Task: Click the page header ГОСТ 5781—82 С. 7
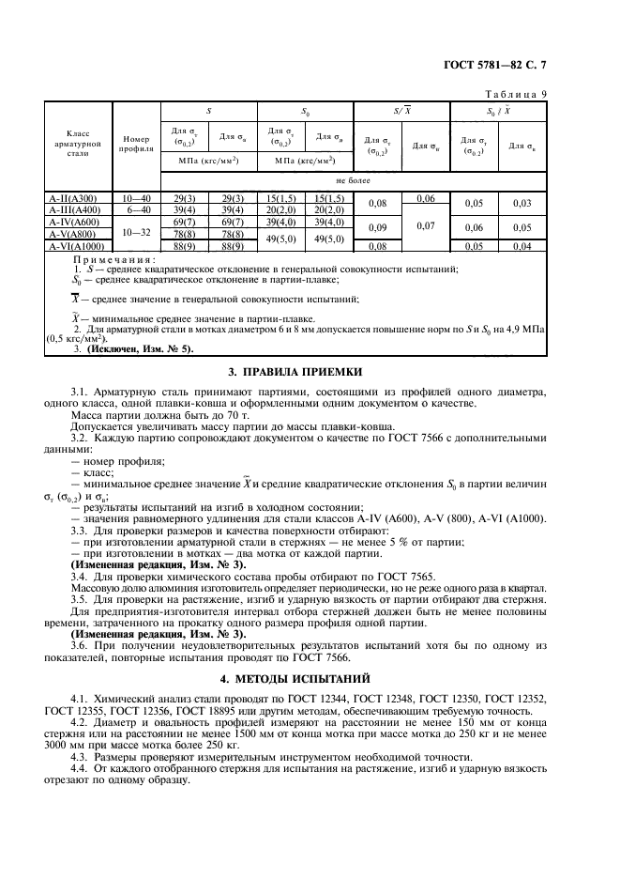click(x=528, y=65)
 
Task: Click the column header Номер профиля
click(x=136, y=142)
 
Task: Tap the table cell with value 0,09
click(x=378, y=227)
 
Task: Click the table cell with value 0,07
click(x=425, y=227)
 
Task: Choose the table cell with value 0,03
click(x=522, y=204)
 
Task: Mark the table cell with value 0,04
click(x=522, y=246)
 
